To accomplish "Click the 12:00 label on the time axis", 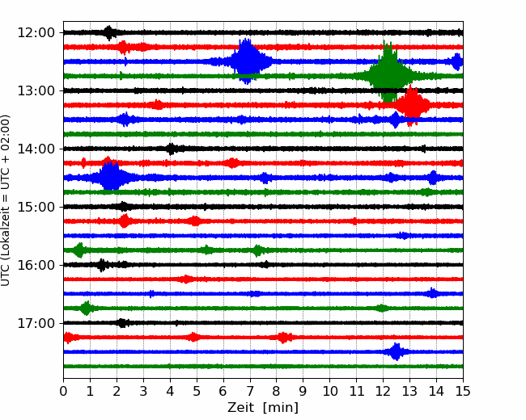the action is coord(36,33).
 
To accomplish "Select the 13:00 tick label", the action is coord(36,90).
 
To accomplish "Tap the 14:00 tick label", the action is coord(36,149).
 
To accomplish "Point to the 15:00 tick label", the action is coord(36,207).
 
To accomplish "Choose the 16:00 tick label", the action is coord(36,265).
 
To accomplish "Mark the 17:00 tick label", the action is coord(36,323).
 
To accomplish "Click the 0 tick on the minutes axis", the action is coord(63,391).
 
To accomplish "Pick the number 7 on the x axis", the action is coord(250,391).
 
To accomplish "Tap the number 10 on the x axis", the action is coord(329,391).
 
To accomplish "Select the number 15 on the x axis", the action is coord(463,391).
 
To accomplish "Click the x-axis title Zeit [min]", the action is coord(263,408).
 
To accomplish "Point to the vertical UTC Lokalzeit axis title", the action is coord(6,200).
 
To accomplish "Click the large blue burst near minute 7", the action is coord(248,61).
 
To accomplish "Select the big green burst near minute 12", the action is coord(388,74).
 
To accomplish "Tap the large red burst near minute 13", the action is coord(412,105).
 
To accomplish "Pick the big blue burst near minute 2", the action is coord(110,177).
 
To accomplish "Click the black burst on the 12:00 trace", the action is coord(108,32).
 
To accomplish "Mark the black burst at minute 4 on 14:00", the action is coord(172,149).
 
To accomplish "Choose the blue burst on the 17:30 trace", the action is coord(397,351).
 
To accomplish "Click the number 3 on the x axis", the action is coord(143,391).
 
